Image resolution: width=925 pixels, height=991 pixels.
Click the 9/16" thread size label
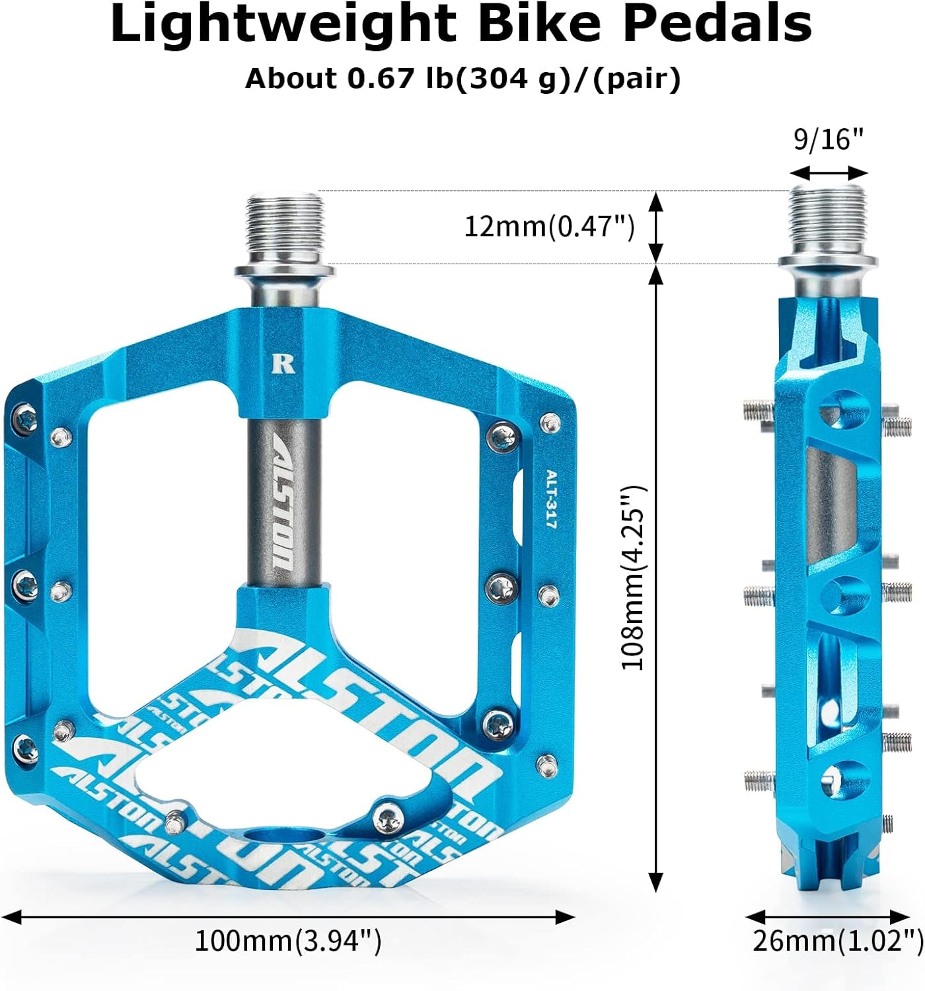829,139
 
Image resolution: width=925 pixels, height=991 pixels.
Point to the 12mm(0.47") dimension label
549,227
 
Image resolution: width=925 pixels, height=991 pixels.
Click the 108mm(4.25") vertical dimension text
633,577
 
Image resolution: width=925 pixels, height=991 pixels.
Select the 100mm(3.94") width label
288,940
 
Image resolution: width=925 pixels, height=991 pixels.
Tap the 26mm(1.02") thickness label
838,941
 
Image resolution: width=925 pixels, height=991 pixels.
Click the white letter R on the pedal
283,364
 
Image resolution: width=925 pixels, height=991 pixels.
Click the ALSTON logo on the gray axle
285,505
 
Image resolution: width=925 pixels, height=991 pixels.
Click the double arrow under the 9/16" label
829,173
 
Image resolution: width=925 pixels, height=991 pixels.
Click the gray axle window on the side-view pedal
831,502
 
